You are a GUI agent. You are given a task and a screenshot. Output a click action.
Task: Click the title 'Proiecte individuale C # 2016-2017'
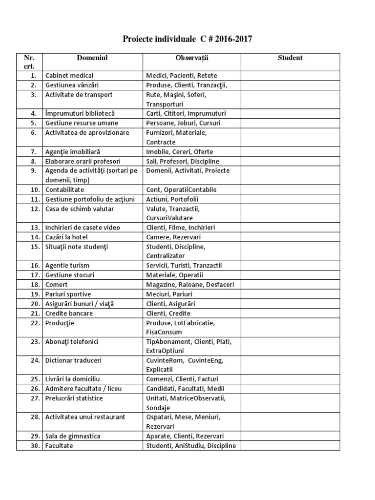pos(187,39)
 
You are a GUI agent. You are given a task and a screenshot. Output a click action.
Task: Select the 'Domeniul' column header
pos(92,58)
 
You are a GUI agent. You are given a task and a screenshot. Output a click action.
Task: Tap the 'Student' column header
pos(290,58)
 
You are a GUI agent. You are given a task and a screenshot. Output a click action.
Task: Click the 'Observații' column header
pos(191,58)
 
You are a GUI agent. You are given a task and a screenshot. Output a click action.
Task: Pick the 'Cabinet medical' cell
pos(69,76)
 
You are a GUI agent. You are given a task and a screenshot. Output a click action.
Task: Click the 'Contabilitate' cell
pos(64,189)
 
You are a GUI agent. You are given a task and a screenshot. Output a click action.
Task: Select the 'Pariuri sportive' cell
pos(68,294)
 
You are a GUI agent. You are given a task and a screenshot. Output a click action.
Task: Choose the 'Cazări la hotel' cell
pos(67,237)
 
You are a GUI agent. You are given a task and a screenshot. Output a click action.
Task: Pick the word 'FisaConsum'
pos(164,332)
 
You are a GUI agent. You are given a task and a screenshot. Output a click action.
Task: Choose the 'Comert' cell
pos(57,284)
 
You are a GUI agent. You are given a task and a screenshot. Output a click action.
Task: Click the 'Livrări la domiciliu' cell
pos(72,379)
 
